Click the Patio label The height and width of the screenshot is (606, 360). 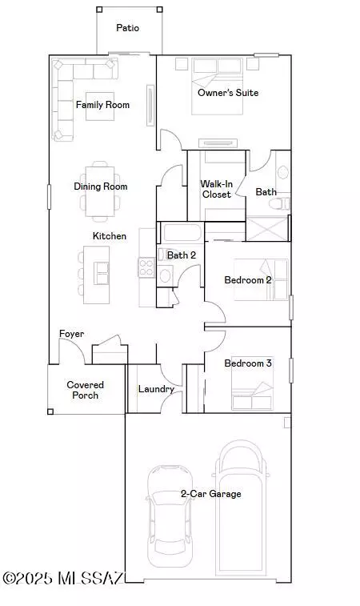pyautogui.click(x=127, y=28)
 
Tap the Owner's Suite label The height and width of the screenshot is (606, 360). pyautogui.click(x=228, y=93)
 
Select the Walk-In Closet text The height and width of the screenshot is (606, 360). pyautogui.click(x=216, y=189)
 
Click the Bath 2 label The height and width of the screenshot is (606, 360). pyautogui.click(x=182, y=255)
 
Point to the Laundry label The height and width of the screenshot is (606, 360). pyautogui.click(x=156, y=389)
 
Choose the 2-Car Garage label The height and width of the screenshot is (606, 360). pyautogui.click(x=211, y=494)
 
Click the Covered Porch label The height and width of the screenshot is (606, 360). pyautogui.click(x=86, y=390)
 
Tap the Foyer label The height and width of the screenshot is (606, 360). pyautogui.click(x=71, y=334)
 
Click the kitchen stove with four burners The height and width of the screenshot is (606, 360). pyautogui.click(x=146, y=267)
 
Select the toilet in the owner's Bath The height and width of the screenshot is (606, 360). pyautogui.click(x=279, y=203)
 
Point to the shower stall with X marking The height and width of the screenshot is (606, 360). pyautogui.click(x=267, y=229)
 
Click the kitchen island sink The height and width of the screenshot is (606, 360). pyautogui.click(x=102, y=273)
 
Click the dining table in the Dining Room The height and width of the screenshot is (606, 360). pyautogui.click(x=100, y=191)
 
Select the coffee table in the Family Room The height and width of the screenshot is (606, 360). pyautogui.click(x=100, y=106)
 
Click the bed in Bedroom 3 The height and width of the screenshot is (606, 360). pyautogui.click(x=252, y=383)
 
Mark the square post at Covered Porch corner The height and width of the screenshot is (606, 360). pyautogui.click(x=50, y=411)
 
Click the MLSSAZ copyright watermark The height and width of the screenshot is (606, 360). pyautogui.click(x=63, y=579)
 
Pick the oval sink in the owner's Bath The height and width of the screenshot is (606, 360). pyautogui.click(x=283, y=172)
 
